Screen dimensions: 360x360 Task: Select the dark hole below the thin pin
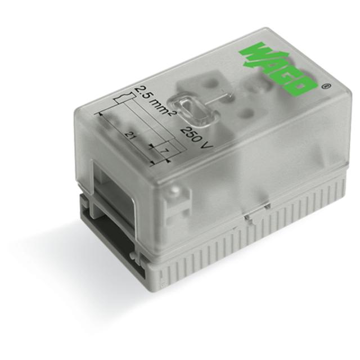236,112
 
